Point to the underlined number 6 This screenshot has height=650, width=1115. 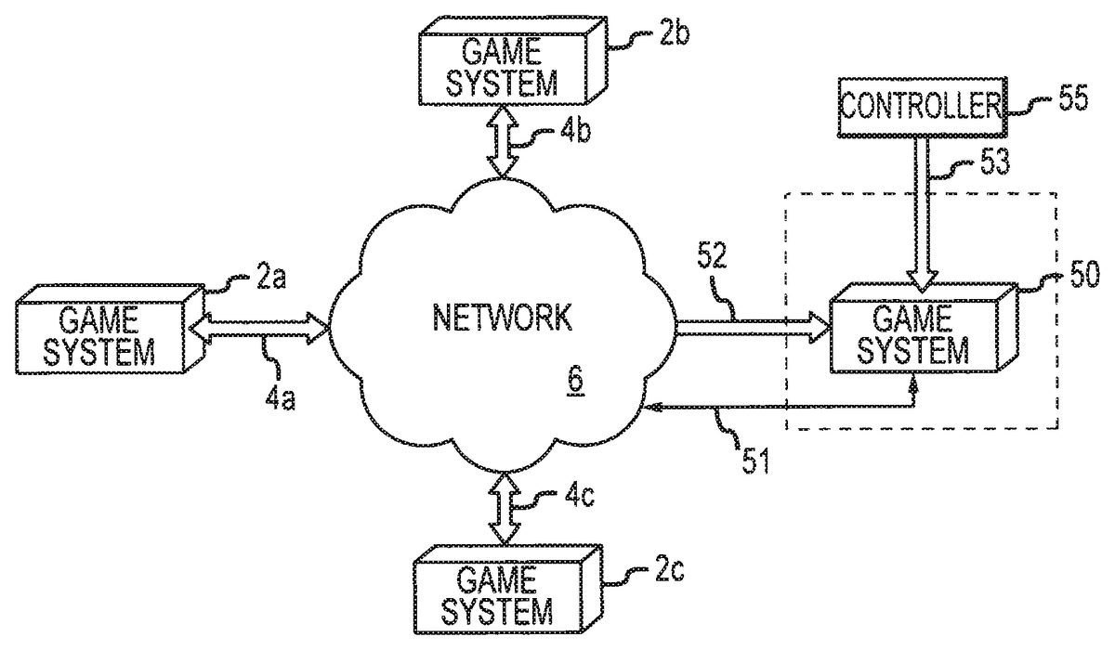coord(575,382)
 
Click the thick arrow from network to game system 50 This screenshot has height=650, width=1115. coord(753,326)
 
